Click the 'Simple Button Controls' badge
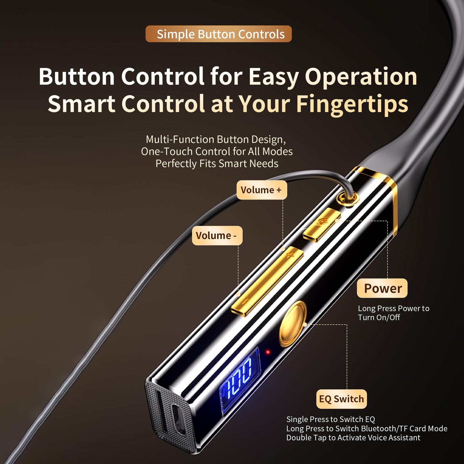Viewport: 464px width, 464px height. [x=219, y=34]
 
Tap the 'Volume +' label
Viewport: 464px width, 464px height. [x=261, y=190]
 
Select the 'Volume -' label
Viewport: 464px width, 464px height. [x=217, y=236]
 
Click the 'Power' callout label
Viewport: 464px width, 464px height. [x=382, y=288]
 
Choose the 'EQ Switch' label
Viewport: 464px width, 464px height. [x=341, y=399]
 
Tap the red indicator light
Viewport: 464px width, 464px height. [x=268, y=352]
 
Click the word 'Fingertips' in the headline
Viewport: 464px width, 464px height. [x=352, y=104]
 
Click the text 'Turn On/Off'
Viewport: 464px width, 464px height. [x=379, y=318]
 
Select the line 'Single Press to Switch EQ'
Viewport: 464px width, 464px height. [x=330, y=419]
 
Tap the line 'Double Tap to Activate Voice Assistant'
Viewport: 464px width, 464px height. [x=353, y=438]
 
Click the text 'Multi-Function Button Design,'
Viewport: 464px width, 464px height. [x=216, y=139]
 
